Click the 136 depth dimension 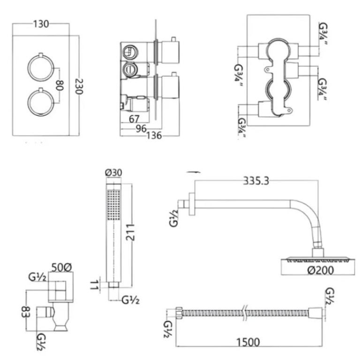coord(154,136)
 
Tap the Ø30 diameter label coord(114,173)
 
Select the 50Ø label coord(62,267)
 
